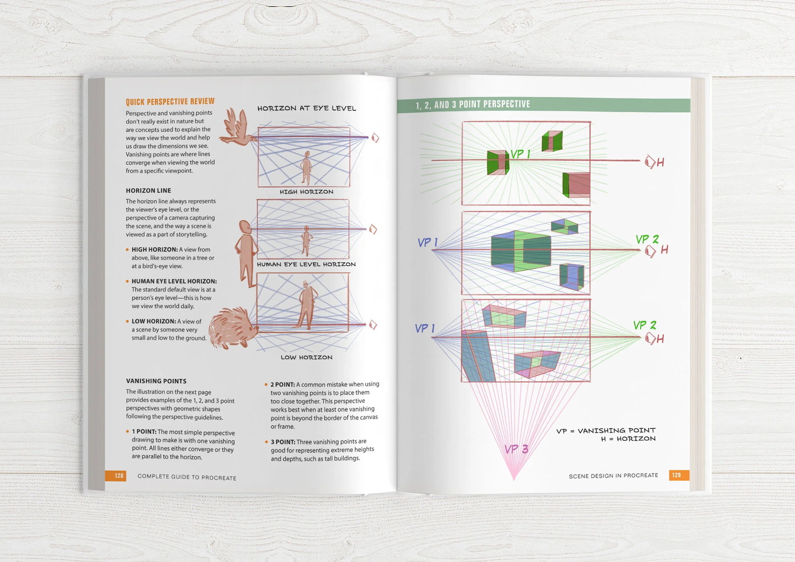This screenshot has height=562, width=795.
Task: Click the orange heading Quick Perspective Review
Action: [170, 102]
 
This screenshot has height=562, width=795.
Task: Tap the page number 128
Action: [119, 476]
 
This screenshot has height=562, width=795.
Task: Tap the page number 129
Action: [676, 475]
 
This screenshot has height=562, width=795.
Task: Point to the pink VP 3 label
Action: [516, 449]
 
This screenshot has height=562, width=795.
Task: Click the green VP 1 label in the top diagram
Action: [520, 154]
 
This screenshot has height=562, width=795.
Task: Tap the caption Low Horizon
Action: [306, 357]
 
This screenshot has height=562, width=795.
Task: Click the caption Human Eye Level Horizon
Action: [306, 264]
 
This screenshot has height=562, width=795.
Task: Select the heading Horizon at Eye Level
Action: [306, 108]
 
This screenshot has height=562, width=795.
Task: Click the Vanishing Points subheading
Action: [156, 381]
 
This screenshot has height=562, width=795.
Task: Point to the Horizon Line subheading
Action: [148, 191]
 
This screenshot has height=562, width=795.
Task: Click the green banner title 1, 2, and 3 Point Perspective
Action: [472, 104]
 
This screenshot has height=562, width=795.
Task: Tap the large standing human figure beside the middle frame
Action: [246, 252]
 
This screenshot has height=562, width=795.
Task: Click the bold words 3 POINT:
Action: [283, 442]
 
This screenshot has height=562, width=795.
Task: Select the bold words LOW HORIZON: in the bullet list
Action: [153, 321]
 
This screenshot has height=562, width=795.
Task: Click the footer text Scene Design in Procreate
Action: [613, 476]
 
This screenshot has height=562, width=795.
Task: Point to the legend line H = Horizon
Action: [628, 439]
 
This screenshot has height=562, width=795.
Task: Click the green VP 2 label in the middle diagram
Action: [647, 239]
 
